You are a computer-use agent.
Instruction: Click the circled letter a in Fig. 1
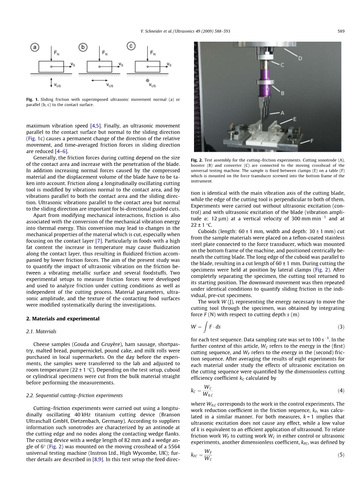pyautogui.click(x=35, y=47)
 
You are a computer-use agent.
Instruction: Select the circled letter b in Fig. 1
pyautogui.click(x=83, y=47)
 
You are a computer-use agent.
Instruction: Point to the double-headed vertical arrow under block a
pyautogui.click(x=52, y=82)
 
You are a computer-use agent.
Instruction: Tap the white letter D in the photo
pyautogui.click(x=300, y=59)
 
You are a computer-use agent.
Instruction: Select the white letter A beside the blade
pyautogui.click(x=282, y=113)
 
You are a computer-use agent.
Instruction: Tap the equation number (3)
pyautogui.click(x=341, y=327)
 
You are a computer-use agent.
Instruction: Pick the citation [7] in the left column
pyautogui.click(x=99, y=241)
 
